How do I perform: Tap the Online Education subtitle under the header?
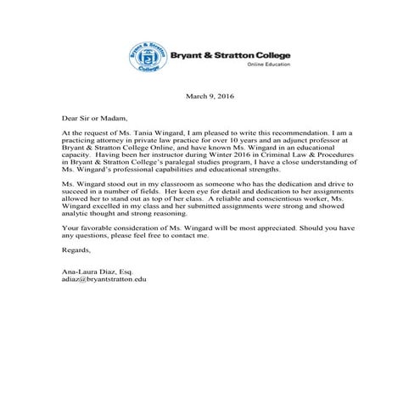[269, 64]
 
